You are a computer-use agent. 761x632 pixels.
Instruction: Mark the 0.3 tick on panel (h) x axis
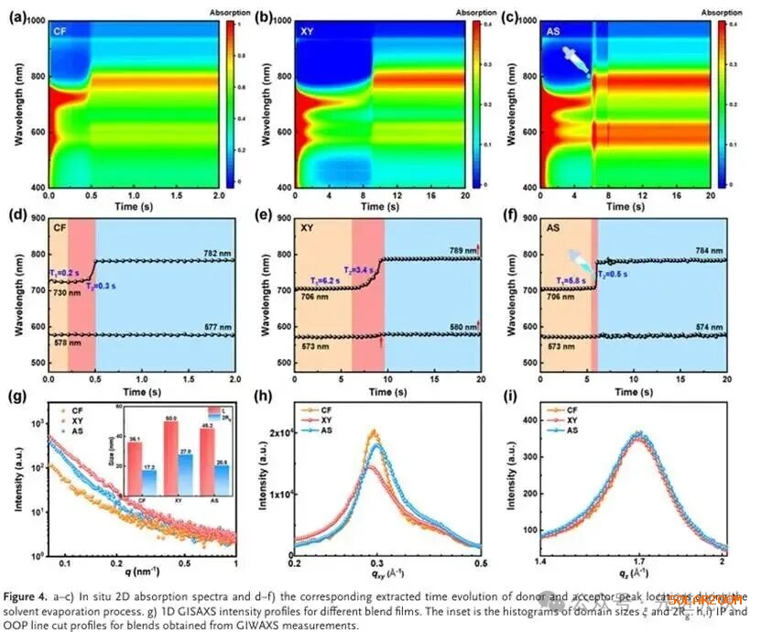[376, 561]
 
